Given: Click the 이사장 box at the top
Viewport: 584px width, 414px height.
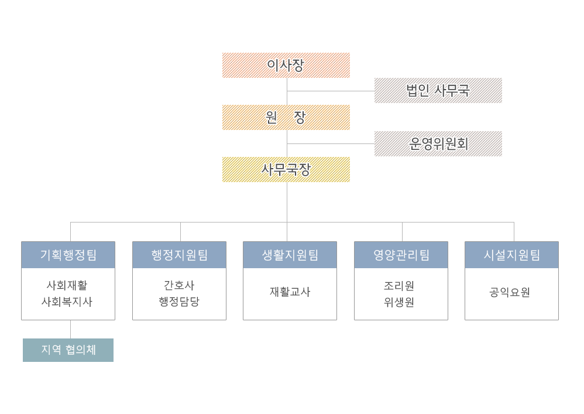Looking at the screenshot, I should click(x=286, y=65).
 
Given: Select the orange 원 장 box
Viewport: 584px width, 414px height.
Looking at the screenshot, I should click(x=286, y=117).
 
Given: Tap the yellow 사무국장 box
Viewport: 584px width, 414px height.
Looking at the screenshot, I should click(x=286, y=169).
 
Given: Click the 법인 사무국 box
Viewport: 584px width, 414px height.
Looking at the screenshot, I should click(x=438, y=90).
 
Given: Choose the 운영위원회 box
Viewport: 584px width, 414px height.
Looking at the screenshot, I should click(x=438, y=143).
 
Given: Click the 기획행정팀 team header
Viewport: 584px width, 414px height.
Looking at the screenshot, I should click(x=68, y=255).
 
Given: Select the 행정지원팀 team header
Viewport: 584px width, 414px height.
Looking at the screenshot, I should click(x=179, y=255).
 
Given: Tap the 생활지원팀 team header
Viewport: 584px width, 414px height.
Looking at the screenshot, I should click(x=290, y=255).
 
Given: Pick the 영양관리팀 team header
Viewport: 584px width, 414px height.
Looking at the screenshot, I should click(x=401, y=255).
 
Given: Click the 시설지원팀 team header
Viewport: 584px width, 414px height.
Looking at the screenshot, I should click(x=511, y=255).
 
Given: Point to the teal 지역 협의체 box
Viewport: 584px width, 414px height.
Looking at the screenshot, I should click(x=68, y=350).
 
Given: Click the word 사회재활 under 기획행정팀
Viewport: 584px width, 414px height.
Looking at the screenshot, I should click(x=67, y=285).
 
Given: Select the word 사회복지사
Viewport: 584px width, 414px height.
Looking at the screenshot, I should click(x=67, y=302).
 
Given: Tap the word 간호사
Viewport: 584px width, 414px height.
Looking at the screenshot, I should click(x=179, y=285).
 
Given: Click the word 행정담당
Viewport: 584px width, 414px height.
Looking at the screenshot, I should click(x=179, y=302).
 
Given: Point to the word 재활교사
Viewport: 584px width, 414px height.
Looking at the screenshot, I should click(x=290, y=292).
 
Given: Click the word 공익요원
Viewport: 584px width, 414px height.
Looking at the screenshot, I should click(x=510, y=292).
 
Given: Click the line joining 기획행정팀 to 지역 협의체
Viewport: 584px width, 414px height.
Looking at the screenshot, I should click(x=71, y=329).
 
